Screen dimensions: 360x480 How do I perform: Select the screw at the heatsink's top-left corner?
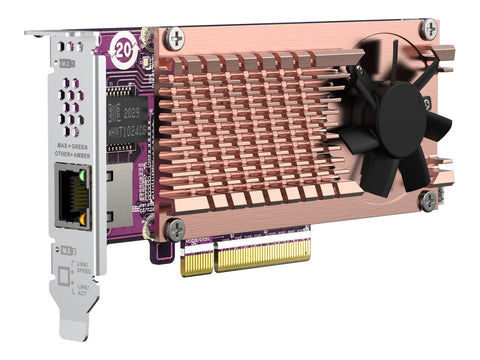coord(177,39)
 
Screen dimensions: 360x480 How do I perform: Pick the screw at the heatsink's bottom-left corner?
coord(175,227)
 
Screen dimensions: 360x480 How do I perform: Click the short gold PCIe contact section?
coord(196,262)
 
